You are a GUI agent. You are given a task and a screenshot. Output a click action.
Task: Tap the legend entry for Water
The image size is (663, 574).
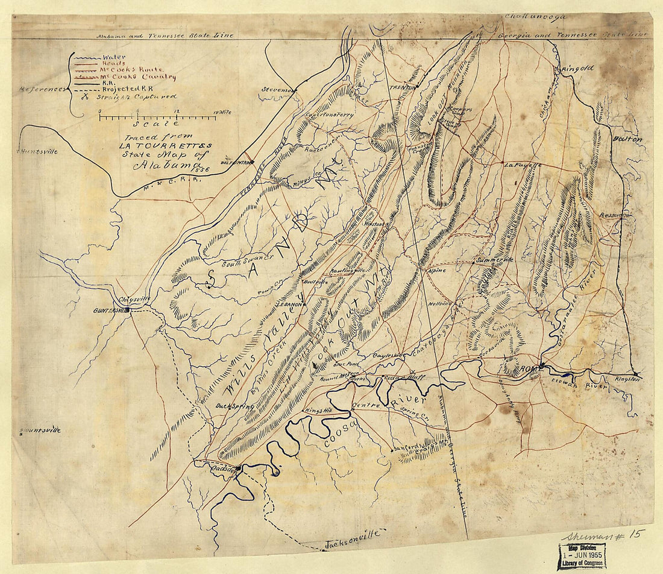tap(115, 57)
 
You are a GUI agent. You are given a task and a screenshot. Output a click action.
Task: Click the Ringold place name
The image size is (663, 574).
tap(577, 69)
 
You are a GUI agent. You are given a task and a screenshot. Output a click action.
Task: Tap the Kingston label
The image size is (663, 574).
tap(626, 379)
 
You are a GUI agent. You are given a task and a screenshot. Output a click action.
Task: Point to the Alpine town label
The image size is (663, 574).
tap(438, 271)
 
